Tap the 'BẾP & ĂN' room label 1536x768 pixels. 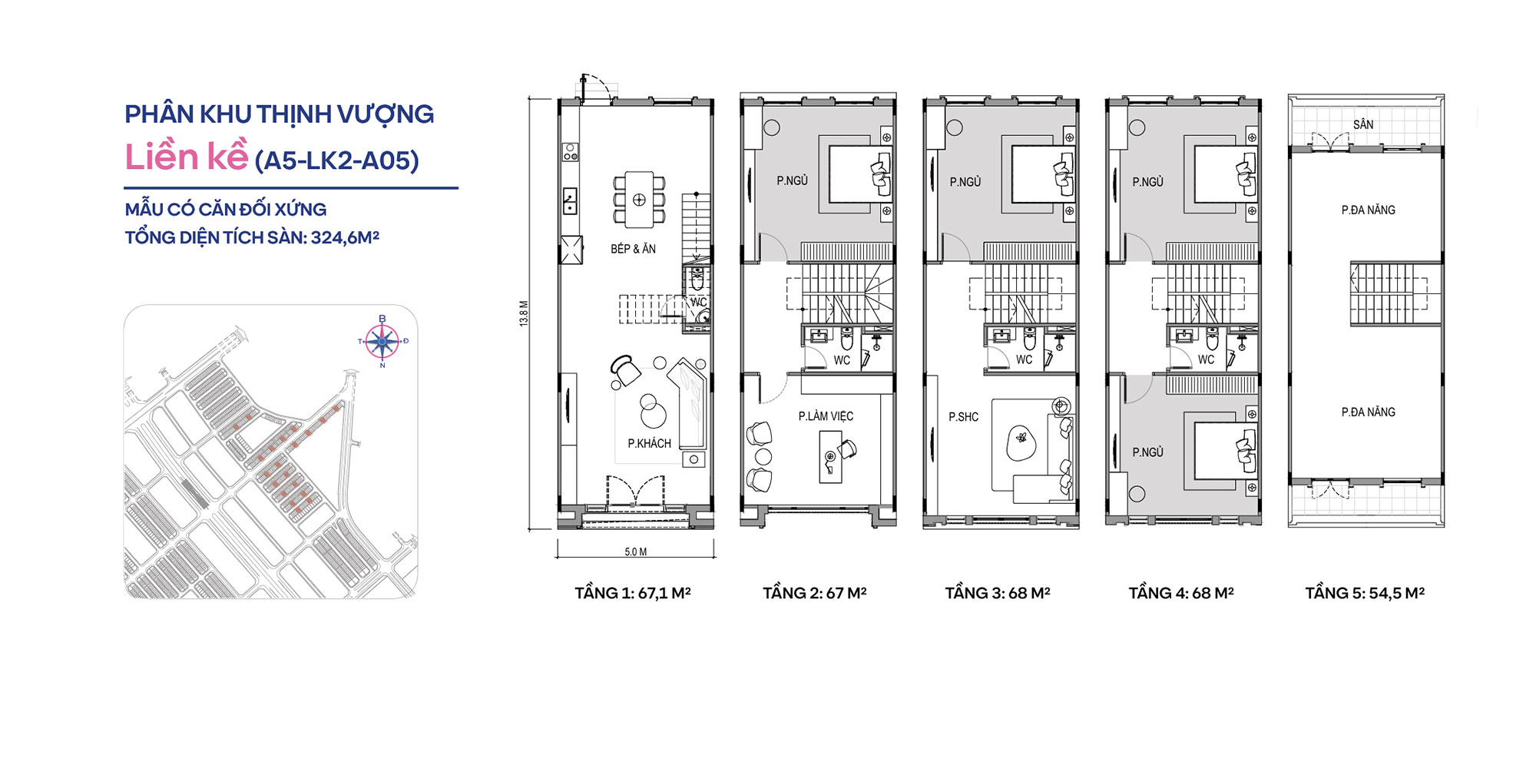tap(633, 249)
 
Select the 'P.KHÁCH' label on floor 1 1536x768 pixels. tap(649, 443)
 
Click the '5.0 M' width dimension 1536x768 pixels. tap(636, 551)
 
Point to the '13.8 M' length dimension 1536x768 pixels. tap(524, 313)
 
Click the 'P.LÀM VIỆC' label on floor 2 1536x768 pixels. tap(826, 416)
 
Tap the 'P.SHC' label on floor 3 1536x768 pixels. tap(963, 417)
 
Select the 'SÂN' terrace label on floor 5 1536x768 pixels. tap(1363, 124)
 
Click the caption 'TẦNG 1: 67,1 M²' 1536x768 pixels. tap(633, 593)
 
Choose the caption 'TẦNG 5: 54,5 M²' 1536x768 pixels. tap(1365, 593)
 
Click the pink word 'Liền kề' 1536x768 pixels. tap(187, 157)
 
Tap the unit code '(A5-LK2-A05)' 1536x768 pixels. tap(336, 161)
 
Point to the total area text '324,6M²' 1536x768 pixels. tap(345, 237)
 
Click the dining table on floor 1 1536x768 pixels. tap(639, 200)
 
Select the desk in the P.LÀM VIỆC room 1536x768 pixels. tap(830, 457)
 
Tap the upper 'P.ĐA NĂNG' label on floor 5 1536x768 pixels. tap(1368, 210)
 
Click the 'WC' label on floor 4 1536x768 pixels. tap(1206, 359)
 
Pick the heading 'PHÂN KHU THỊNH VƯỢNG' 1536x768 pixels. tap(279, 114)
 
